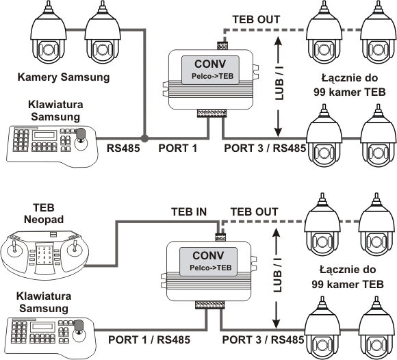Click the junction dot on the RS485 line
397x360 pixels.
pos(144,138)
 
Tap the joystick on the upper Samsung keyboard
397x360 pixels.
pos(81,138)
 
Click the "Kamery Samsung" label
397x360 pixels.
pos(64,77)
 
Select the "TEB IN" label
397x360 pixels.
pos(189,211)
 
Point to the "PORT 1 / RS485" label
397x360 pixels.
pos(149,339)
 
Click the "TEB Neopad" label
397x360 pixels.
pos(44,214)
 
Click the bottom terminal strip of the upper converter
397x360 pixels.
pos(212,114)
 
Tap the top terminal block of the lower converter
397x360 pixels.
pos(220,237)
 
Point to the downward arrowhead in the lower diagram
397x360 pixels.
pos(277,323)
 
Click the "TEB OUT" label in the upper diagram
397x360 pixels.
pos(256,19)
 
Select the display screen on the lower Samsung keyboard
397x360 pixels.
pos(42,326)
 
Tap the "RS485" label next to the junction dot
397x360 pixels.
pos(123,149)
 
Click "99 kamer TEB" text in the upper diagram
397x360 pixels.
pos(350,92)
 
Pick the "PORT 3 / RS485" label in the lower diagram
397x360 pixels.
pos(263,339)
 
